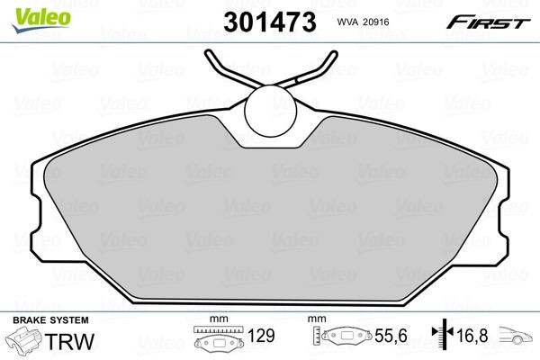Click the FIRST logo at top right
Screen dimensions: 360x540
click(490, 22)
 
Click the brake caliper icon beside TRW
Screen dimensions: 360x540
click(25, 342)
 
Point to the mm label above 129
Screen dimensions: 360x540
click(215, 320)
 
